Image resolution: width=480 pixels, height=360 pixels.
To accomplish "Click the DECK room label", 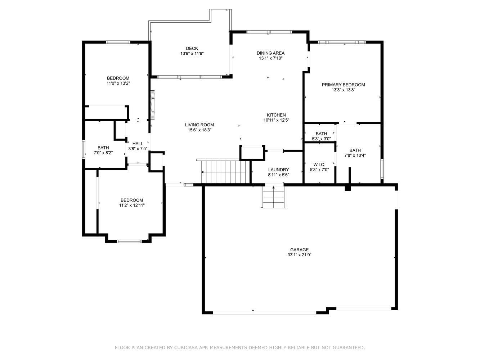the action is pyautogui.click(x=192, y=48).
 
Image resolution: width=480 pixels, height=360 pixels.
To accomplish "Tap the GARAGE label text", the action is pyautogui.click(x=299, y=249).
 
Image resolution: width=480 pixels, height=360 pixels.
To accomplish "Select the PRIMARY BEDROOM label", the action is pyautogui.click(x=343, y=85).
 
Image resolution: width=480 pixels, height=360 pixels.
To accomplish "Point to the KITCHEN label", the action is pyautogui.click(x=276, y=115).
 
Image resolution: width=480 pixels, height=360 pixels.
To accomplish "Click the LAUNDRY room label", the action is pyautogui.click(x=278, y=170).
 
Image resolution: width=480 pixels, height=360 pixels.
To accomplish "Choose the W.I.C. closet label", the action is pyautogui.click(x=319, y=165).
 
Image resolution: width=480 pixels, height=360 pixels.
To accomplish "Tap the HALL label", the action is pyautogui.click(x=138, y=143).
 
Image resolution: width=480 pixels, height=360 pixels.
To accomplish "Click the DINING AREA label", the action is pyautogui.click(x=270, y=53).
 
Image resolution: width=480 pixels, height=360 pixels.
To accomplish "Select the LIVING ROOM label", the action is pyautogui.click(x=199, y=125).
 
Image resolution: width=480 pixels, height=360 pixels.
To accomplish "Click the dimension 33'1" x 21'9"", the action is pyautogui.click(x=299, y=255).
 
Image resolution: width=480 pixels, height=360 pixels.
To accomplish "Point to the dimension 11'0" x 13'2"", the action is pyautogui.click(x=118, y=83).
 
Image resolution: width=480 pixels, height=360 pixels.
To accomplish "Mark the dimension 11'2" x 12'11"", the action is pyautogui.click(x=132, y=205).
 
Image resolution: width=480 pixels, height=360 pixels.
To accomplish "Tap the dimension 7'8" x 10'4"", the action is pyautogui.click(x=355, y=156).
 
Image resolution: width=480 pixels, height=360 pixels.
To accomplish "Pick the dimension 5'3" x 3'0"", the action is pyautogui.click(x=321, y=139).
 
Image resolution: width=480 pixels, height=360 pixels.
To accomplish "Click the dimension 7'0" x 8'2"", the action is pyautogui.click(x=103, y=153).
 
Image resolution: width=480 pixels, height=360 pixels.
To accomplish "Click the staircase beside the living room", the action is pyautogui.click(x=225, y=172).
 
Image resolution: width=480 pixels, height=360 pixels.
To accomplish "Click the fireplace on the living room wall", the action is pyautogui.click(x=153, y=104).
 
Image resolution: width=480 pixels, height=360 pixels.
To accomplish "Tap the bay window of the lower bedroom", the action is pyautogui.click(x=129, y=241).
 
